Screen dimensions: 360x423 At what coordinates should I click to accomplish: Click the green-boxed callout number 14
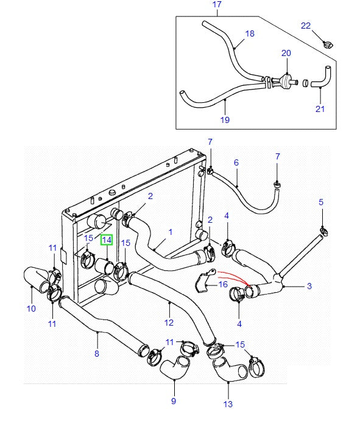[x=107, y=240]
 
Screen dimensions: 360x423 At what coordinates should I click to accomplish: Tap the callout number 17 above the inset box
[x=217, y=4]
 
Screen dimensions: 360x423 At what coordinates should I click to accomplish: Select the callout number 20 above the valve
[x=286, y=53]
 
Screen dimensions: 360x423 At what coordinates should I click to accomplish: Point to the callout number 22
[x=306, y=26]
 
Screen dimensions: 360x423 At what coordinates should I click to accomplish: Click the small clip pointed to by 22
[x=328, y=44]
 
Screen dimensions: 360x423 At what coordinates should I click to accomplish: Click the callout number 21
[x=320, y=109]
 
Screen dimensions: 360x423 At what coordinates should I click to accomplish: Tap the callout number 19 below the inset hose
[x=225, y=119]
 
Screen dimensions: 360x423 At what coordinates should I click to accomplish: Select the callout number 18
[x=250, y=33]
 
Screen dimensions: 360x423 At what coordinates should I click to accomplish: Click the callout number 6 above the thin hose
[x=236, y=163]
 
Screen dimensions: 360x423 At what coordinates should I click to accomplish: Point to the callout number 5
[x=321, y=202]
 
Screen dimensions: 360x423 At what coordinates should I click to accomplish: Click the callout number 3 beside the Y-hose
[x=309, y=286]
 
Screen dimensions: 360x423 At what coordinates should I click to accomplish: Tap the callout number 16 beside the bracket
[x=223, y=284]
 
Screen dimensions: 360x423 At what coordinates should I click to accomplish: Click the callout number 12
[x=169, y=323]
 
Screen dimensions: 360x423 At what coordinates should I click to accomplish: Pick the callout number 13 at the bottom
[x=228, y=404]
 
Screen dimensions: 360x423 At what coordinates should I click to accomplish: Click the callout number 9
[x=174, y=401]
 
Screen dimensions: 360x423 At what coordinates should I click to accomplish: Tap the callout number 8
[x=97, y=354]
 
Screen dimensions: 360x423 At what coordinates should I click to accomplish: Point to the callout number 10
[x=31, y=309]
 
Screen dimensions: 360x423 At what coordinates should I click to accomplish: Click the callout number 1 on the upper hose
[x=170, y=232]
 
